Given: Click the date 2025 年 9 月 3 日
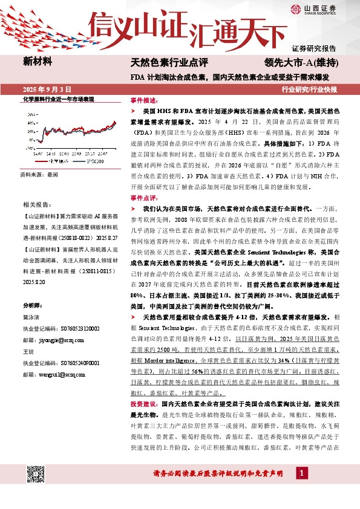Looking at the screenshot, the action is [x=46, y=89].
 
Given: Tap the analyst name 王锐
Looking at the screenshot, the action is [x=28, y=351].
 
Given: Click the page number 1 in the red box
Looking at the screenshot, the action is [x=301, y=488].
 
